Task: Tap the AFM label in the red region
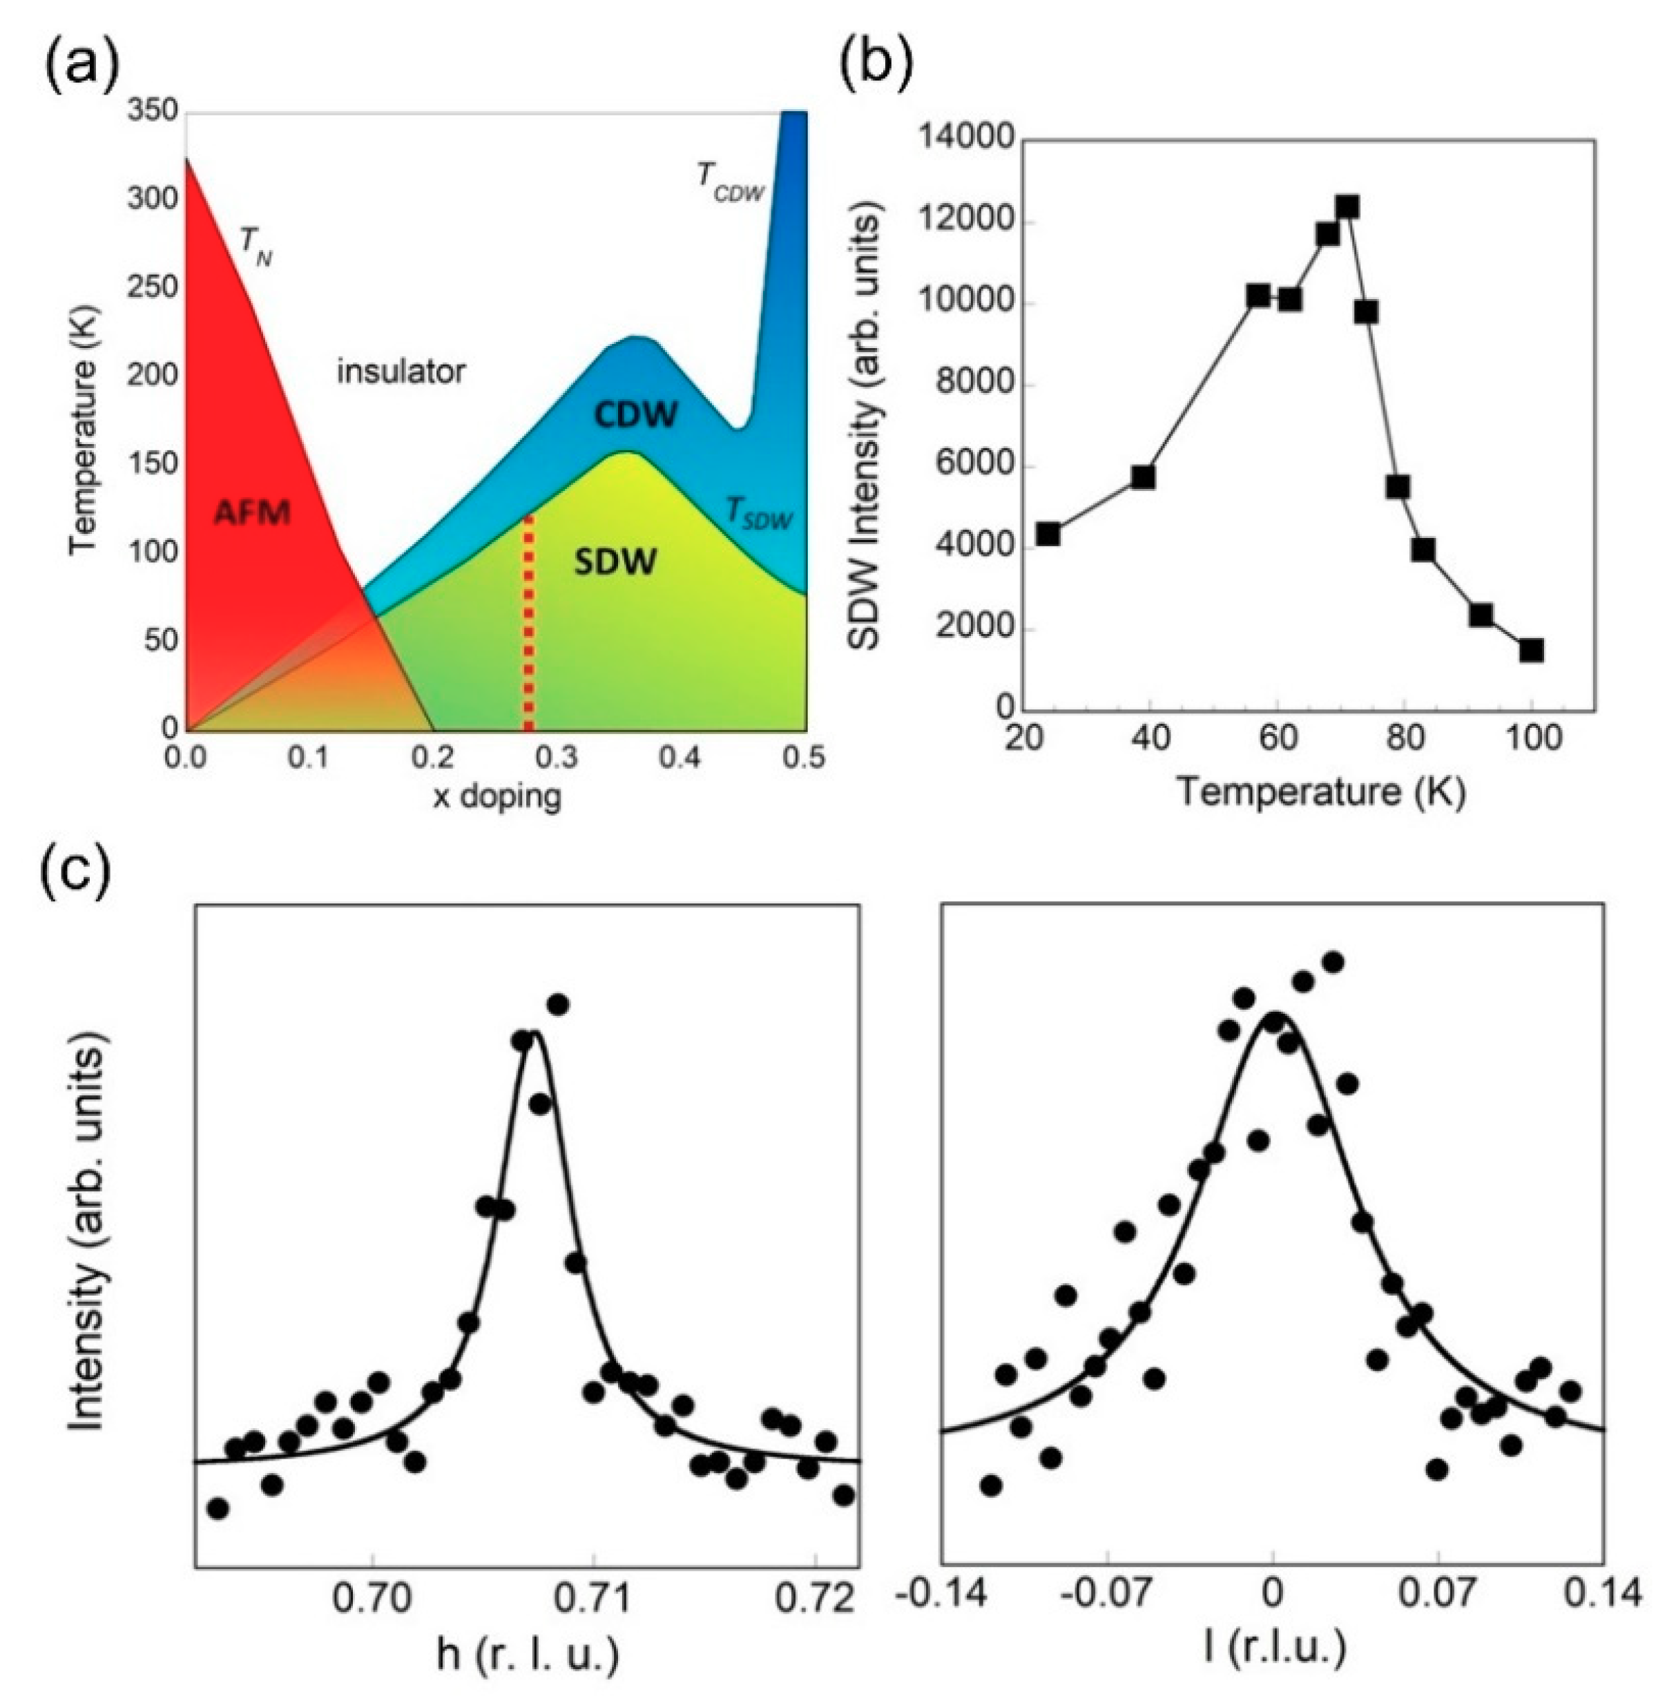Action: click(252, 512)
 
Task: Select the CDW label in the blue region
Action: click(637, 415)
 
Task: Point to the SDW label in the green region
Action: click(615, 561)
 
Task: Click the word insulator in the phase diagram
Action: click(401, 372)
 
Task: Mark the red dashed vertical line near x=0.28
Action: click(528, 622)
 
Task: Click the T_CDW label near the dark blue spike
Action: click(730, 180)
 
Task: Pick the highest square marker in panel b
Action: click(1347, 207)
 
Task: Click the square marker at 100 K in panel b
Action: click(1531, 650)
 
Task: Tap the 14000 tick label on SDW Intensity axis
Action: click(965, 140)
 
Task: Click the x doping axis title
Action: click(497, 797)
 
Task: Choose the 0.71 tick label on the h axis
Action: click(594, 1599)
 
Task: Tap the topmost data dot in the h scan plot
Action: click(559, 1003)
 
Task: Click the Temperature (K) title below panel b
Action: click(1320, 791)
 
